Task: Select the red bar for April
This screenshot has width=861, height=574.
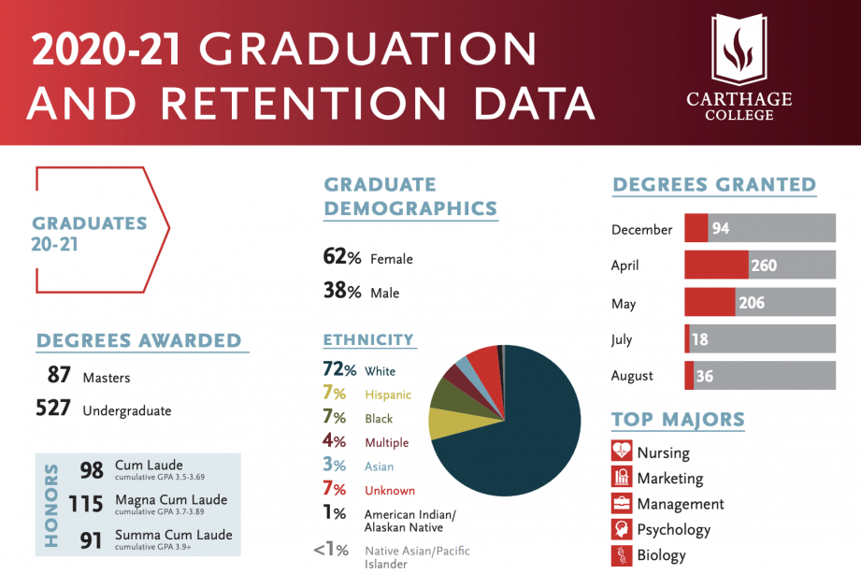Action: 716,265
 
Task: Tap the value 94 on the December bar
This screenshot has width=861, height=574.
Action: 721,229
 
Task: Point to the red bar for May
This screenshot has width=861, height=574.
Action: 710,303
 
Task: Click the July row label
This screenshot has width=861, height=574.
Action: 622,340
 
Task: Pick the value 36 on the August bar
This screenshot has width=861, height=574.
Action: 705,376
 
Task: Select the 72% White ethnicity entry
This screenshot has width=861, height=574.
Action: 360,371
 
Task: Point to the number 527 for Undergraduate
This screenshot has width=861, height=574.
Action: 54,409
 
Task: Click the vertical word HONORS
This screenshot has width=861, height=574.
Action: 51,505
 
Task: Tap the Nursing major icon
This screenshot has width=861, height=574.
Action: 622,452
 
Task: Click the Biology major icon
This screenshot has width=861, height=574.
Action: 622,556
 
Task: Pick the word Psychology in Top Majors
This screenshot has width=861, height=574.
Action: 673,530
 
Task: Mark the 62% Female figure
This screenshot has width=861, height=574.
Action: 342,258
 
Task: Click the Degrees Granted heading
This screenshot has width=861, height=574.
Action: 714,185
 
